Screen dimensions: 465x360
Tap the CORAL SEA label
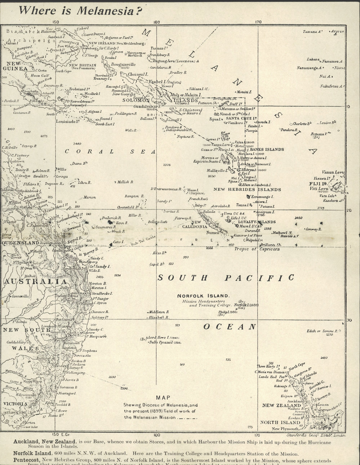(110, 152)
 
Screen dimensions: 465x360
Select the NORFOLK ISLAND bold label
(203, 296)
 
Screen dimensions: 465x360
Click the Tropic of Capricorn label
(257, 249)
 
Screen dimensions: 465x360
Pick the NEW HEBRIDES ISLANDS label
(247, 189)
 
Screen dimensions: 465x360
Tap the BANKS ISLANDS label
(267, 149)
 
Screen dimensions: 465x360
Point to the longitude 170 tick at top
(258, 22)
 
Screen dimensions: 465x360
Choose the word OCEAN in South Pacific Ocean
(230, 327)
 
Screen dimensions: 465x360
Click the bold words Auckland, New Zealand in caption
(44, 442)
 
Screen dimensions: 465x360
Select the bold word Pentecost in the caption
(27, 460)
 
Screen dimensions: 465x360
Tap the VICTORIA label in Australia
(15, 404)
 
